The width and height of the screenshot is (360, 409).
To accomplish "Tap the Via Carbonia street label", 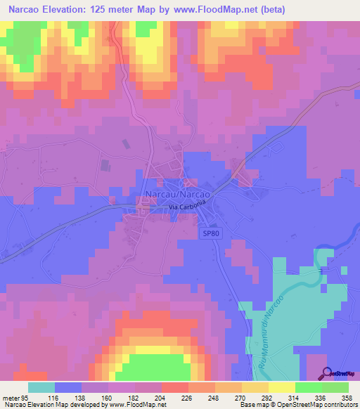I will tap(187, 206).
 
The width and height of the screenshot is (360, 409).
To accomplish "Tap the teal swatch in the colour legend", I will tap(41, 387).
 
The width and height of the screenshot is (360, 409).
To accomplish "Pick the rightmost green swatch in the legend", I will tap(335, 387).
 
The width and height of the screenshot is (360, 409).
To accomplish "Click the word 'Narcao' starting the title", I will tap(24, 9).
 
